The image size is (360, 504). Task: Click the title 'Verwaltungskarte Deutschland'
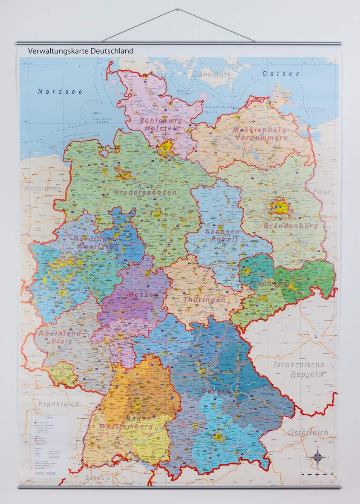click(81, 51)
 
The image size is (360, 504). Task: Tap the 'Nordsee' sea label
click(60, 92)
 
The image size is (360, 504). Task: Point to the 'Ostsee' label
click(281, 74)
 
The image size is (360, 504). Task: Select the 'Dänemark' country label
click(212, 74)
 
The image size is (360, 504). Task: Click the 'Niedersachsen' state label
click(145, 193)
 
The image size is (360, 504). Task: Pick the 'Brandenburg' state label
click(291, 226)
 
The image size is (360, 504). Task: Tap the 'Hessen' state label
click(144, 295)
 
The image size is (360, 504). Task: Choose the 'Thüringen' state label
click(198, 300)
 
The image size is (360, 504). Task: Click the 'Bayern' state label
click(216, 391)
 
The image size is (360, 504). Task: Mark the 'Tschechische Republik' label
click(299, 369)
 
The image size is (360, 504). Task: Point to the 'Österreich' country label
click(309, 432)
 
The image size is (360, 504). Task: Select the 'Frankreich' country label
click(59, 403)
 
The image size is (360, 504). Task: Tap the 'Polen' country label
click(322, 192)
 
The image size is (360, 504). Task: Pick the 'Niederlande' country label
click(43, 188)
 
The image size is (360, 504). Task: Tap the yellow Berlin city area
click(280, 207)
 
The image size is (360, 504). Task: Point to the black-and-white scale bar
click(317, 473)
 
